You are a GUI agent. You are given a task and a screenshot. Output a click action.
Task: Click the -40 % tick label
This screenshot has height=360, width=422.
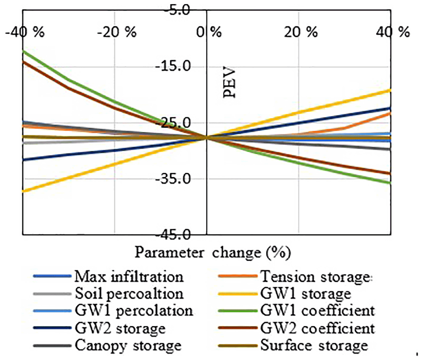click(24, 32)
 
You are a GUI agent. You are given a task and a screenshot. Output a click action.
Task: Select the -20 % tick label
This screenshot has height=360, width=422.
click(116, 32)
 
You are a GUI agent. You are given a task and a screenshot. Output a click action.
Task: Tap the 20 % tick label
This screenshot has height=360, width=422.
click(301, 32)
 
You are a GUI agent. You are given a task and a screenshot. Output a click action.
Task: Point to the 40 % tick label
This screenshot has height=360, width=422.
click(393, 32)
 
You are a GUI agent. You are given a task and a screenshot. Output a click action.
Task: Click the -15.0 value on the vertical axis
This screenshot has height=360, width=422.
click(173, 66)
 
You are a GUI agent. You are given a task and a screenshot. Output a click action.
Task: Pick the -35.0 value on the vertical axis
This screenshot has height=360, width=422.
click(173, 179)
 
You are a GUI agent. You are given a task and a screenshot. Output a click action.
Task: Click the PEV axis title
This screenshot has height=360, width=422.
click(229, 82)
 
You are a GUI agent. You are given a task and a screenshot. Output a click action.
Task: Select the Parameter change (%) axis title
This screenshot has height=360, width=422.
click(213, 253)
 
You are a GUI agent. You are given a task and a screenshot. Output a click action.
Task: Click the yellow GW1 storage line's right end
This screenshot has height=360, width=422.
click(391, 90)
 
